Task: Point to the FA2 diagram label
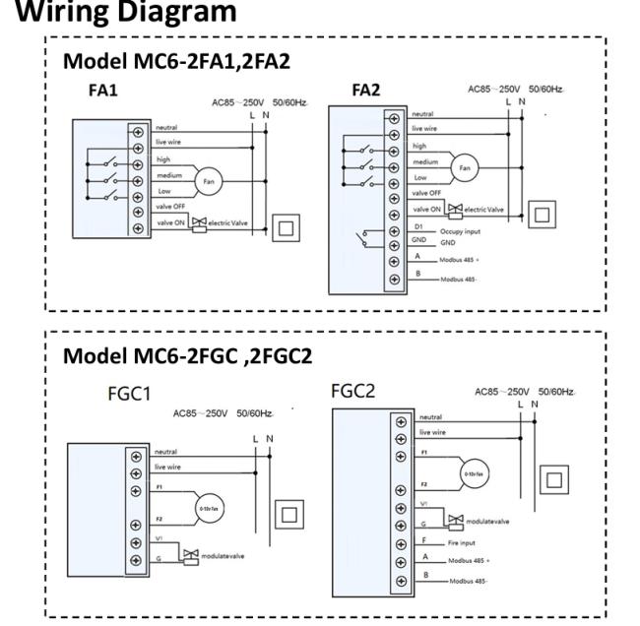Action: pos(367,90)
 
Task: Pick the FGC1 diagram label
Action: pos(128,395)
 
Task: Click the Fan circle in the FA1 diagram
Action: pos(208,181)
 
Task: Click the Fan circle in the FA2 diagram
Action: pos(465,168)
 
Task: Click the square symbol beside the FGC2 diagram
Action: pos(555,479)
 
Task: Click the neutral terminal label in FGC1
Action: pos(164,452)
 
